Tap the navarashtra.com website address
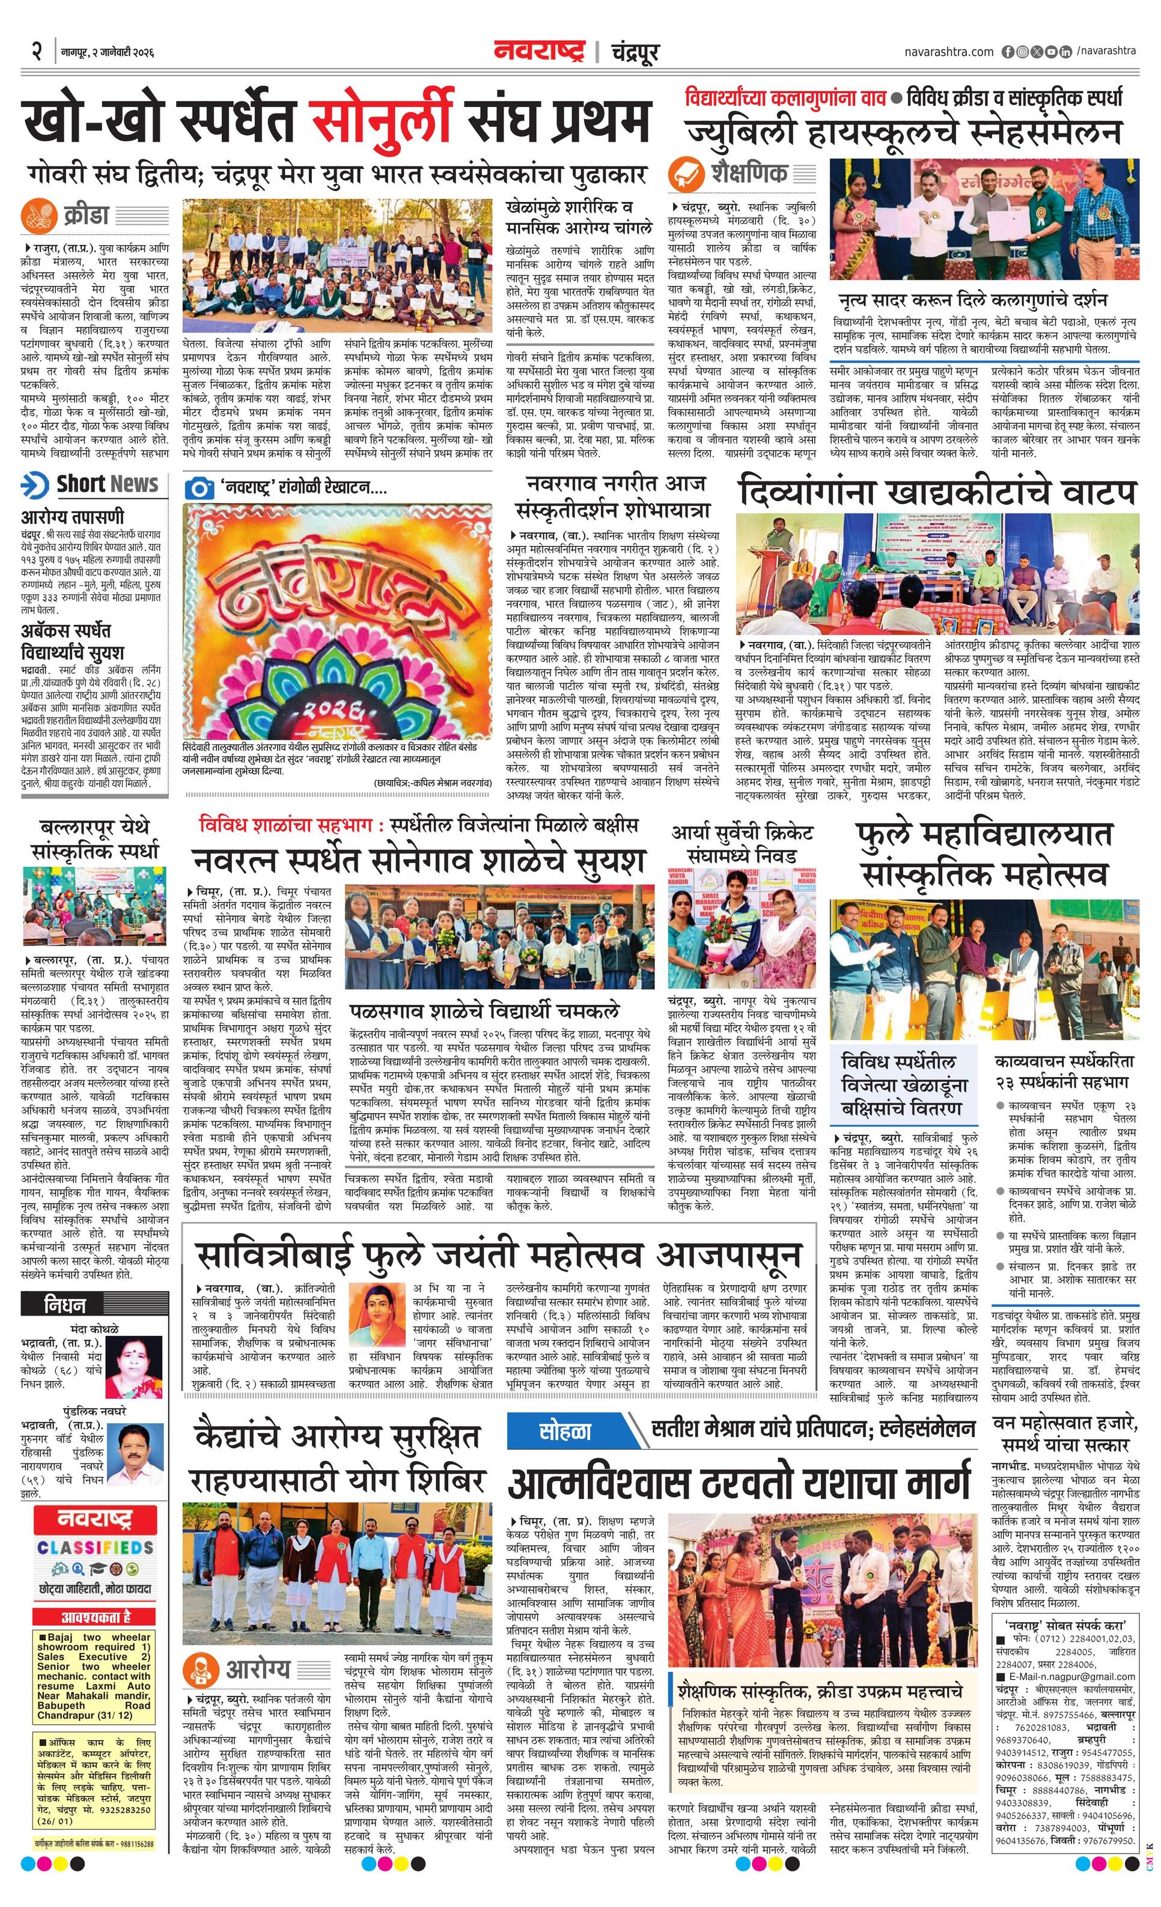coord(948,52)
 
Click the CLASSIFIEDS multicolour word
coord(95,1547)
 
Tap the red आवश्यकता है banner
coord(95,1617)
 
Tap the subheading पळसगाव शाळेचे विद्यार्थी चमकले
coord(484,1011)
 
